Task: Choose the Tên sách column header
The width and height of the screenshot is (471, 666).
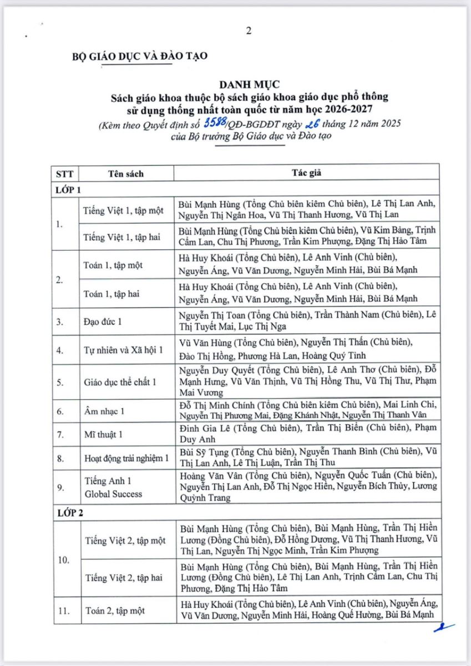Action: click(125, 173)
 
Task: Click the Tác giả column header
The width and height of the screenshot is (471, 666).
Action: click(306, 173)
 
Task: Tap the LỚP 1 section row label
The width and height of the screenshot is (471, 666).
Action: click(68, 189)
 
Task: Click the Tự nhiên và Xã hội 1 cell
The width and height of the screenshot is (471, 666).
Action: click(123, 350)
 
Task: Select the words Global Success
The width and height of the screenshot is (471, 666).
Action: click(113, 494)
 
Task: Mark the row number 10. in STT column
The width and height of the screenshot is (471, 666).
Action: click(63, 559)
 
